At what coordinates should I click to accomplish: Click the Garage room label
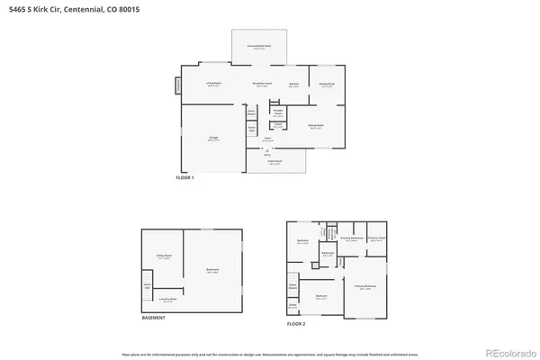(212, 139)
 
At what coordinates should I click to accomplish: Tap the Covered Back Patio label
(259, 47)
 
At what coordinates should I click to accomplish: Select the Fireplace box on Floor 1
(178, 85)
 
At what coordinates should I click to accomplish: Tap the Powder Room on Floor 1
(278, 112)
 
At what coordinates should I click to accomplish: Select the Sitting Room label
(318, 126)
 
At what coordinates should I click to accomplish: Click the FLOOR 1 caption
(184, 178)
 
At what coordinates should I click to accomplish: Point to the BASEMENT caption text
(153, 317)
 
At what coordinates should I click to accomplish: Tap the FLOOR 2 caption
(297, 322)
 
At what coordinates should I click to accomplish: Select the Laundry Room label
(167, 300)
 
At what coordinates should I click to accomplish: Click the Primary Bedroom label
(364, 286)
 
